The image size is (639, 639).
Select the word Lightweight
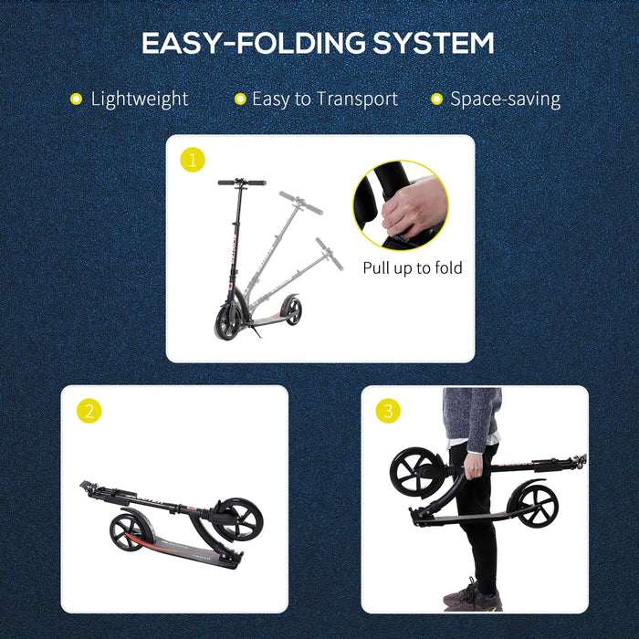139,99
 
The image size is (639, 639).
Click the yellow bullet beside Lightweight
76,99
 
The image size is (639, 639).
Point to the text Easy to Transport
325,99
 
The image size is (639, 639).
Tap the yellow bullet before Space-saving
436,99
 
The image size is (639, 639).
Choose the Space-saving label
505,99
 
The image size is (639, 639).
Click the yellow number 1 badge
192,161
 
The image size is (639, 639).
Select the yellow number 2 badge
88,411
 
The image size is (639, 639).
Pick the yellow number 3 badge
388,411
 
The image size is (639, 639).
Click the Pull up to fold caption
413,267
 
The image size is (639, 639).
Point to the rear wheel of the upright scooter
292,310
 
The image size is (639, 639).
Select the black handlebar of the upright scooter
242,183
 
